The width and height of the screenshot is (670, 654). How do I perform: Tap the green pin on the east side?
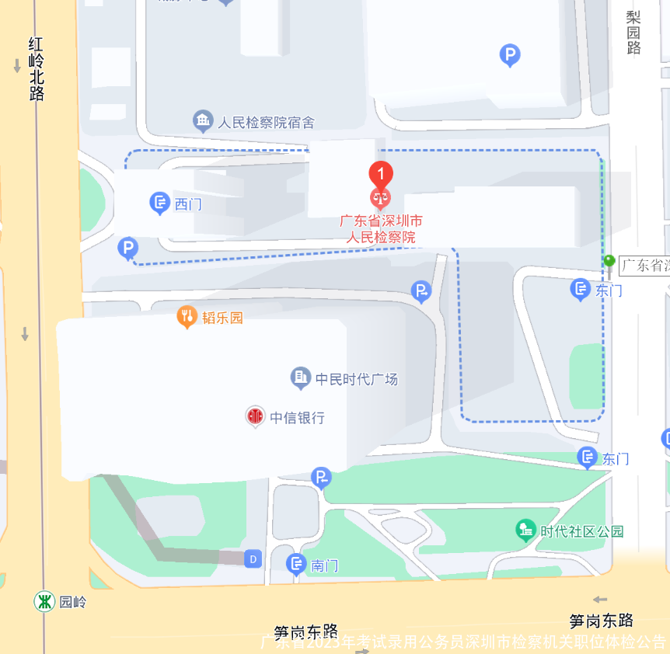coord(609,262)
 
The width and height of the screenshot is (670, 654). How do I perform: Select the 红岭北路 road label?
coord(37,69)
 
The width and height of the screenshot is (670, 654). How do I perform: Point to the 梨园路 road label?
coord(634,33)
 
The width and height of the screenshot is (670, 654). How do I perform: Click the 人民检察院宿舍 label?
coord(266,122)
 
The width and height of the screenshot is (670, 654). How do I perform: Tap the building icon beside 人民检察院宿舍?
coord(203,120)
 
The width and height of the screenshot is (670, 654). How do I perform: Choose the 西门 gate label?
coord(188,204)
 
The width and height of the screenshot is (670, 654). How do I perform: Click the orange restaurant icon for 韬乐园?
coord(187,316)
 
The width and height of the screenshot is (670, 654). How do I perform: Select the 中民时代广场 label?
coord(357,379)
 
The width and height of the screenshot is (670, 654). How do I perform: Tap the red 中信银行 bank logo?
coord(255,417)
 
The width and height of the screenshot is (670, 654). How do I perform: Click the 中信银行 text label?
coord(297,418)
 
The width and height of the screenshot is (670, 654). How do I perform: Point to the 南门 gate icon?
coord(296,565)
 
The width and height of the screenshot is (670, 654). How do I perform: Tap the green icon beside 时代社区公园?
coord(526,531)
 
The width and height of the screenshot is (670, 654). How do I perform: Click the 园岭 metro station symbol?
coord(44,601)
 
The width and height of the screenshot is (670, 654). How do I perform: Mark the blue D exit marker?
coord(252,558)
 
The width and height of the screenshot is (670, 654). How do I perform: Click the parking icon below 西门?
coord(127,249)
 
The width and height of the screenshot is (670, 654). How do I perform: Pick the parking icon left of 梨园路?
coord(509,55)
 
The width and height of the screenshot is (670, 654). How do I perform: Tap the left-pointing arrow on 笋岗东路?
coord(599,599)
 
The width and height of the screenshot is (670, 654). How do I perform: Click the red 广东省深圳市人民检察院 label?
coord(381,229)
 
